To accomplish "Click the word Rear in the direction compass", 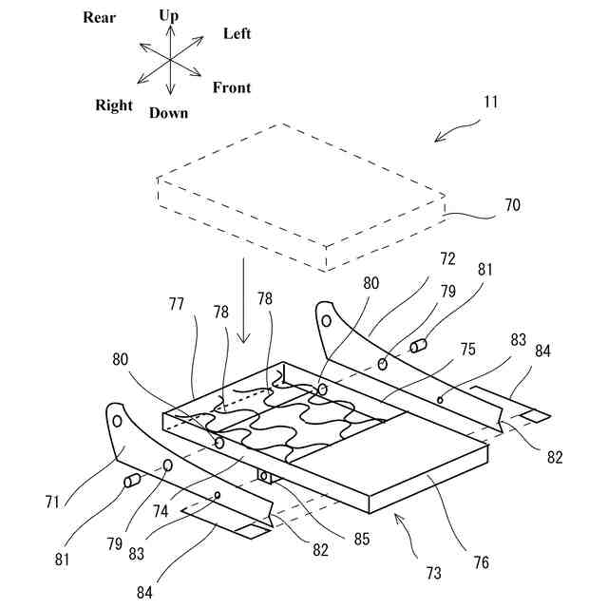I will [99, 17].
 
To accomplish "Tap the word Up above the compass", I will [169, 15].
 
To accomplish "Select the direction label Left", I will [237, 34].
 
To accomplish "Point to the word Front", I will [232, 88].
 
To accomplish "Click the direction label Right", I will [114, 105].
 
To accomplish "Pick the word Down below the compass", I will [168, 113].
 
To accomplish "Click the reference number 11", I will [489, 101].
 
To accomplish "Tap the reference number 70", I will [512, 205].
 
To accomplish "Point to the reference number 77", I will [177, 305].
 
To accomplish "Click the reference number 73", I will [433, 573].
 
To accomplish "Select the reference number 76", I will [482, 561].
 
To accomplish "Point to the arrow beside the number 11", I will [454, 131].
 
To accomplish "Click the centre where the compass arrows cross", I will [170, 59].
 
